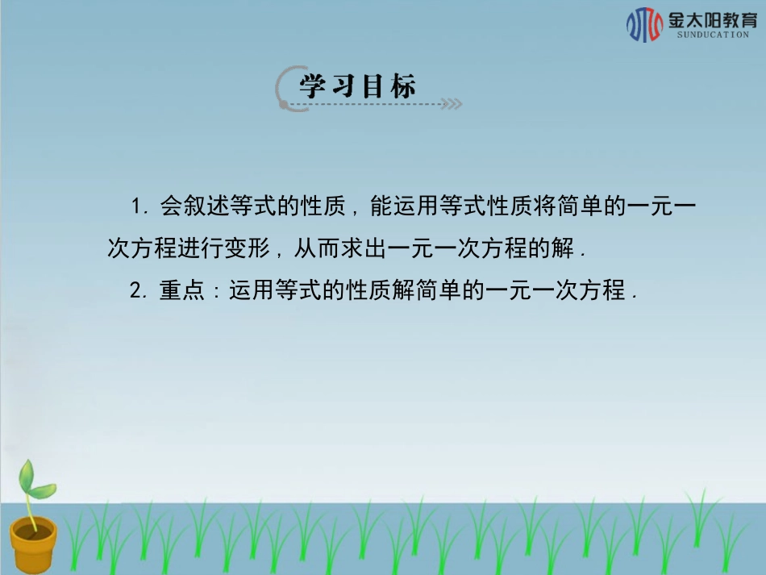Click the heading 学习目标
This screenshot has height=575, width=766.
point(358,85)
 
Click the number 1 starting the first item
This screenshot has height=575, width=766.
point(135,207)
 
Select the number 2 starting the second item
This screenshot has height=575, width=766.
point(135,290)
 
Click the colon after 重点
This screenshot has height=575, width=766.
point(215,292)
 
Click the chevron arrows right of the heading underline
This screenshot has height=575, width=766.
point(453,104)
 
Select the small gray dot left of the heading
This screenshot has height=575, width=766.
point(282,103)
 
